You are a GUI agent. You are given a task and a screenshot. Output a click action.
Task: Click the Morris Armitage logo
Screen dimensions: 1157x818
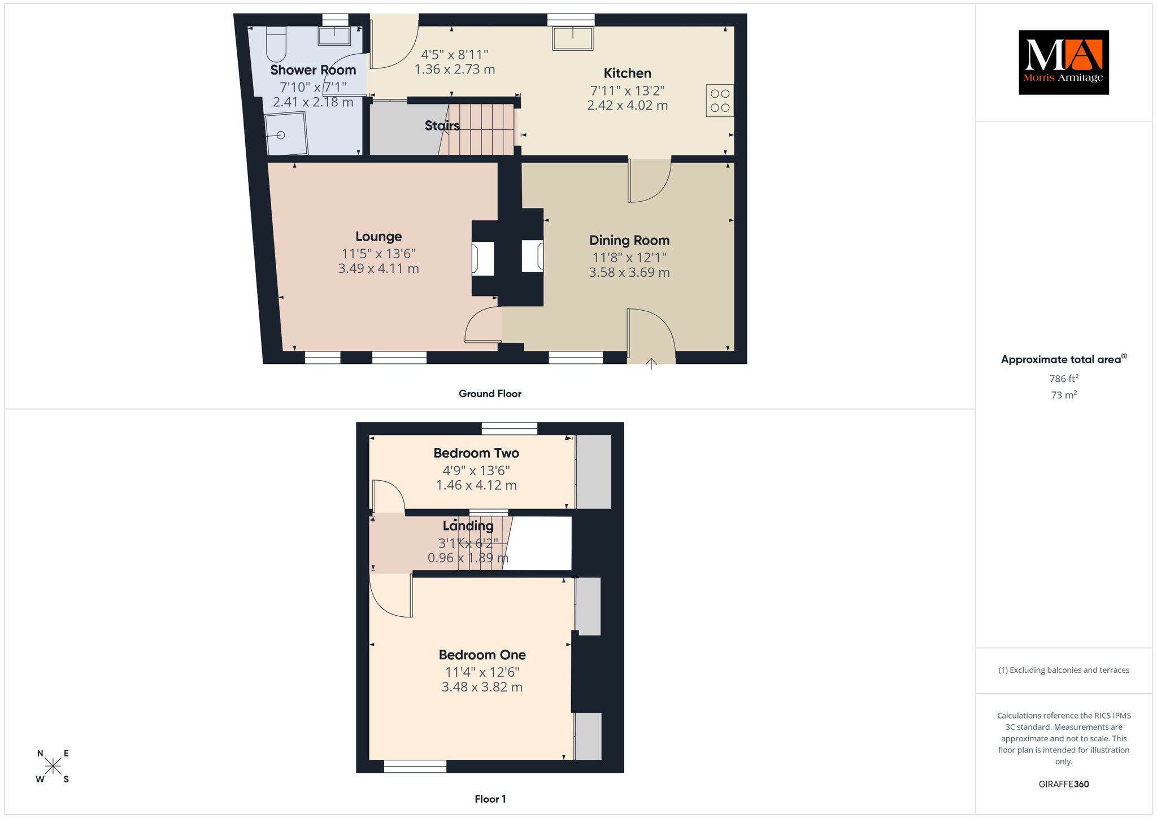1063,62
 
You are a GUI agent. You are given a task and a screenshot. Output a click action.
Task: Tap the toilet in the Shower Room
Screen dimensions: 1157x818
276,44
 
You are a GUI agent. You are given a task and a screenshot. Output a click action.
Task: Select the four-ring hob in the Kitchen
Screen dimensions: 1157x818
720,101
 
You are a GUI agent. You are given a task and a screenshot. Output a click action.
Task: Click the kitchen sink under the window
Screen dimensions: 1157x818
573,38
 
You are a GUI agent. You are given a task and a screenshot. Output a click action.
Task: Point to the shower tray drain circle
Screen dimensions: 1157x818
281,135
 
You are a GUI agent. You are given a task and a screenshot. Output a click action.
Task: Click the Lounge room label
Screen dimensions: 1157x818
379,237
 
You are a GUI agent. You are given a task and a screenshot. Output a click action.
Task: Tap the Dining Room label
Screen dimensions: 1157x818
629,240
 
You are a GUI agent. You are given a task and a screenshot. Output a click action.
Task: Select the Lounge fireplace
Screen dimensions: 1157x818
483,258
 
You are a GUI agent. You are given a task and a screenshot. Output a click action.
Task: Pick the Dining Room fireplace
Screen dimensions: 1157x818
532,256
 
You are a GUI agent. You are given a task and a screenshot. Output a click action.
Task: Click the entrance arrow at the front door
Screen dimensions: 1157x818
651,363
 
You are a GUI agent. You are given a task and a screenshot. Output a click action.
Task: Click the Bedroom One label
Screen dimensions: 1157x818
482,655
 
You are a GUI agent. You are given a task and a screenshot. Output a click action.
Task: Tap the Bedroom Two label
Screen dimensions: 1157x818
476,453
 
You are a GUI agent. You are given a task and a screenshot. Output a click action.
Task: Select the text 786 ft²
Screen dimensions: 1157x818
1064,378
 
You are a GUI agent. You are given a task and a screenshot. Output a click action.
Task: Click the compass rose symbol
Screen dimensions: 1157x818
53,766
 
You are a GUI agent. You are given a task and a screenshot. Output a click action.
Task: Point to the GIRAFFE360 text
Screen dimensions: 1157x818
1064,784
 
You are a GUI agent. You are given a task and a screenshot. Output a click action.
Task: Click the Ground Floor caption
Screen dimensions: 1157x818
490,394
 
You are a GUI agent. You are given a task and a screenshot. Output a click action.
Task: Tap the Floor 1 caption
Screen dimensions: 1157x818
490,799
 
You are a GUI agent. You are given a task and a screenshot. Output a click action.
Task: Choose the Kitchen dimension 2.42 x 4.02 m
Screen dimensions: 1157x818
628,106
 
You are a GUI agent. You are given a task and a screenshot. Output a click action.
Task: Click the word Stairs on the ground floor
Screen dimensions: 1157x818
442,125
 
